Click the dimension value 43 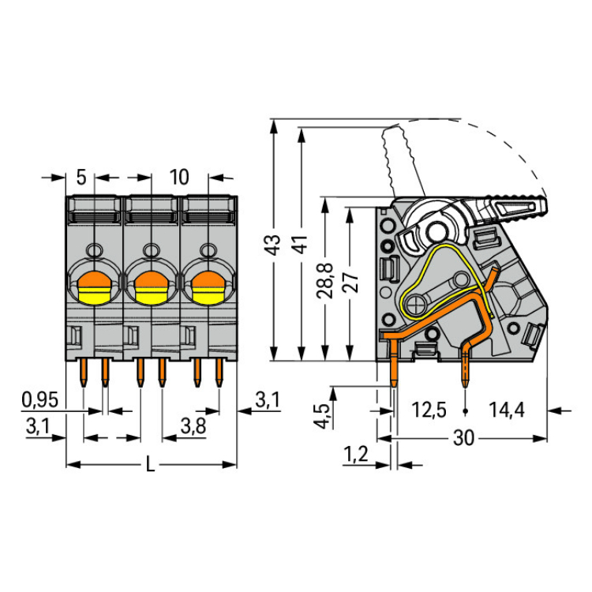point(271,244)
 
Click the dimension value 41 point(299,244)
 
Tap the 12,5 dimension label point(429,410)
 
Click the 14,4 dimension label point(508,410)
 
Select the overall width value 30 point(464,438)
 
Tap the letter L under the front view point(151,465)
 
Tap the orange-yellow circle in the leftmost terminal point(93,287)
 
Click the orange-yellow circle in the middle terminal point(151,287)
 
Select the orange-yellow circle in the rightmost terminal point(207,287)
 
